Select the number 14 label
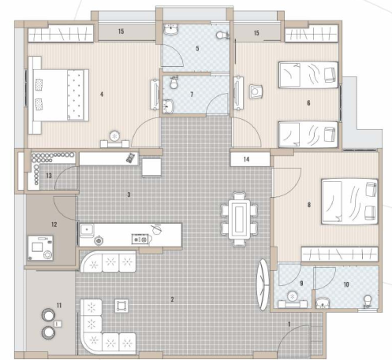pos(247,158)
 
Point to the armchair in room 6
pos(257,91)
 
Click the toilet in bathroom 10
pos(365,300)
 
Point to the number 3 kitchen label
pos(129,193)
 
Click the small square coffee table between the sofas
pos(121,304)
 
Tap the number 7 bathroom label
pos(194,95)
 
